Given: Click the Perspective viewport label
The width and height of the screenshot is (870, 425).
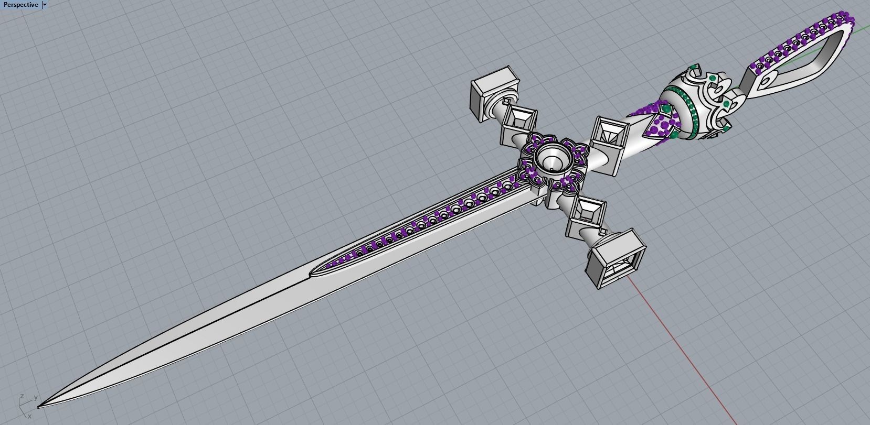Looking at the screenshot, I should click(20, 5).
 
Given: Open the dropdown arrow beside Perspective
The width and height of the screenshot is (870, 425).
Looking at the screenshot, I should click(45, 5).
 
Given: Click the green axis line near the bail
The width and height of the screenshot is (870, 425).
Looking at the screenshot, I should click(861, 28).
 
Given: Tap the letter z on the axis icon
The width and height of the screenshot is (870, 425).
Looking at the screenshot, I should click(22, 397).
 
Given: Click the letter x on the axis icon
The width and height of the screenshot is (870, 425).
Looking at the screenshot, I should click(29, 416).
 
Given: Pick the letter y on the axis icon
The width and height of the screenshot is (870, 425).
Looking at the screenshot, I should click(35, 398).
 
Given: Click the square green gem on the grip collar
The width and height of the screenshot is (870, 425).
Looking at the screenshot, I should click(666, 108).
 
